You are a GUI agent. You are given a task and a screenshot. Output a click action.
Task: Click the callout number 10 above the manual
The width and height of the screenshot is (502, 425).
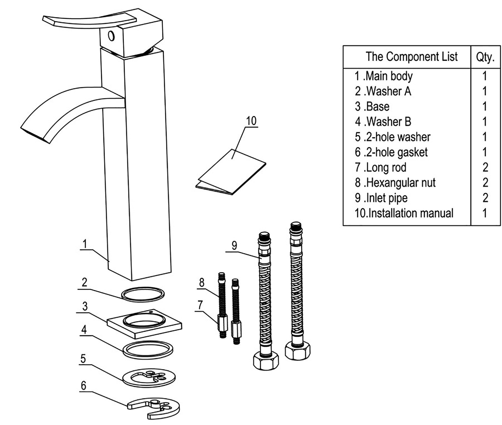(x=251, y=121)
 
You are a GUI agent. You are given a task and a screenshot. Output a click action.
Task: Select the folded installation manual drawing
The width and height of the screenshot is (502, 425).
(x=231, y=173)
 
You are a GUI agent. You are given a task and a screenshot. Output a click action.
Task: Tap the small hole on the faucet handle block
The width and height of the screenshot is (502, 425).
(x=111, y=36)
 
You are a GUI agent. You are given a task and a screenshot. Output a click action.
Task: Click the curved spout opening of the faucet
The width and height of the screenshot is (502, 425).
(x=35, y=134)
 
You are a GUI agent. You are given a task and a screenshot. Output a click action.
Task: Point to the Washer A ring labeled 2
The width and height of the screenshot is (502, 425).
(x=143, y=294)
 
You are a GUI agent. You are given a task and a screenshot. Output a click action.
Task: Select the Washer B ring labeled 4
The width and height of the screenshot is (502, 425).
(x=148, y=349)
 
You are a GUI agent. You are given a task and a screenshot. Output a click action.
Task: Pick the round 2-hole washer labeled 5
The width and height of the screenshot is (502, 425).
(x=149, y=378)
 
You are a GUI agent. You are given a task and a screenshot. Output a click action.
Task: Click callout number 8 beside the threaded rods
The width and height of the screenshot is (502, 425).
(x=202, y=283)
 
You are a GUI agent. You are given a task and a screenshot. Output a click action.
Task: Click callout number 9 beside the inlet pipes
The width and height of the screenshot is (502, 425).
(x=234, y=245)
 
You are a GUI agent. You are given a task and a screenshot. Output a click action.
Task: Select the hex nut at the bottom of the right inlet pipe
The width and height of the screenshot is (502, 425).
(x=297, y=351)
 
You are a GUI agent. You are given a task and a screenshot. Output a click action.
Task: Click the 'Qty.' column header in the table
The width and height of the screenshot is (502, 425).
(x=485, y=57)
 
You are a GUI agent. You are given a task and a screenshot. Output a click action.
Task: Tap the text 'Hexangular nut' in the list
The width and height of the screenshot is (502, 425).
(x=401, y=183)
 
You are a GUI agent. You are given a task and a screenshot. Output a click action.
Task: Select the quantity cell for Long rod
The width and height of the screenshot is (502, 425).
(x=485, y=167)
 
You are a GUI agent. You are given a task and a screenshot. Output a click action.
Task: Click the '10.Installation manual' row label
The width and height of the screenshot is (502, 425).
(x=404, y=213)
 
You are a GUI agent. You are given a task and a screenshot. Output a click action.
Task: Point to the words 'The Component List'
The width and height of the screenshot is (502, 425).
(x=411, y=57)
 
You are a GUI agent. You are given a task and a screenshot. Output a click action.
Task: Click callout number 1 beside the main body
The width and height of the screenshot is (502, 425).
(x=85, y=244)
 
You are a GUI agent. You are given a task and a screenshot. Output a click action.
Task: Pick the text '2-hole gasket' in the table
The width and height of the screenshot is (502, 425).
(x=397, y=152)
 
